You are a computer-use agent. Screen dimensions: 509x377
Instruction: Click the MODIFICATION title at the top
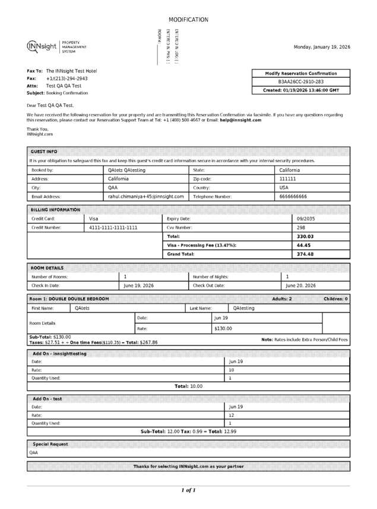188,20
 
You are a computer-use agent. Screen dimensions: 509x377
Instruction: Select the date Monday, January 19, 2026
322,47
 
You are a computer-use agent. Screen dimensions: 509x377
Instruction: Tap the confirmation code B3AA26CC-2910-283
301,82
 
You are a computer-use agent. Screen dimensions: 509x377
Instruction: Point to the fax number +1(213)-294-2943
66,78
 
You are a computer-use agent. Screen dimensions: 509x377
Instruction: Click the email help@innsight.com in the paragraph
240,120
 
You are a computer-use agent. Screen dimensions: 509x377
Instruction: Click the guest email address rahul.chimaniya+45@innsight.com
145,196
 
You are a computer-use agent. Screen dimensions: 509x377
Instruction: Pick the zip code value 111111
287,178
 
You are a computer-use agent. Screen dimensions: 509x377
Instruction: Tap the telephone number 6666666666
293,196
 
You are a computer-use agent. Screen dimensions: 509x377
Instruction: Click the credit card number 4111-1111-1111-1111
113,227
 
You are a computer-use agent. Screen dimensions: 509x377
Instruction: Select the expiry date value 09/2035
305,219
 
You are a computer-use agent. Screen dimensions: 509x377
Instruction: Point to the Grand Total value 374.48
305,254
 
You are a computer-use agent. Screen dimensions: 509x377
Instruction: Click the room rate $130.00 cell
223,328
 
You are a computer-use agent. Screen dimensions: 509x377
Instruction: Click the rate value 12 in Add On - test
232,415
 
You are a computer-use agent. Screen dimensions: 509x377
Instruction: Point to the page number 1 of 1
188,491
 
